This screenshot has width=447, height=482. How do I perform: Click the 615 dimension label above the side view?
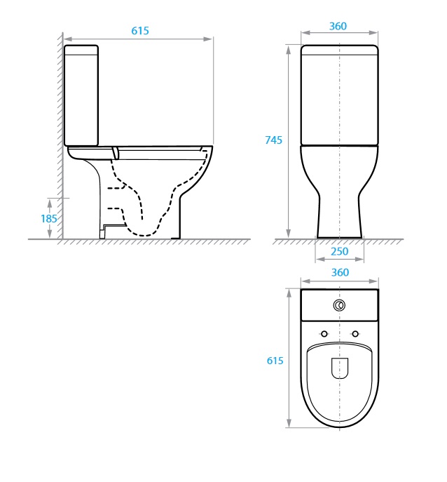(140, 31)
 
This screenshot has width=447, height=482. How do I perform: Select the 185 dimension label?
(48, 218)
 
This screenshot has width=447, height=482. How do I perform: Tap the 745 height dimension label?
(274, 140)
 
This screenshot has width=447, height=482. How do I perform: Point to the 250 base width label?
(339, 252)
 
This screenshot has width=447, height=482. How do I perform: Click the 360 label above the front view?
(338, 27)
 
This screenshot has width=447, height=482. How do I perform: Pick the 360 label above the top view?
(339, 272)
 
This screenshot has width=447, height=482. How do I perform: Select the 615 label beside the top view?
(275, 361)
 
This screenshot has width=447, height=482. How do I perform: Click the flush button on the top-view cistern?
(340, 305)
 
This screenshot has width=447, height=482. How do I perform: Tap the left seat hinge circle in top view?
(324, 333)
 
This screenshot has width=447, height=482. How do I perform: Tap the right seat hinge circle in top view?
(355, 333)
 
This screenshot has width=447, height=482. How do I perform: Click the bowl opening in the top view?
(340, 368)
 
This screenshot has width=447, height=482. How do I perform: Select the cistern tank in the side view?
(81, 95)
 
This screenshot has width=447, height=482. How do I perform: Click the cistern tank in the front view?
(340, 95)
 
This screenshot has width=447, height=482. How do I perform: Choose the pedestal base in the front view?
(340, 217)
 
